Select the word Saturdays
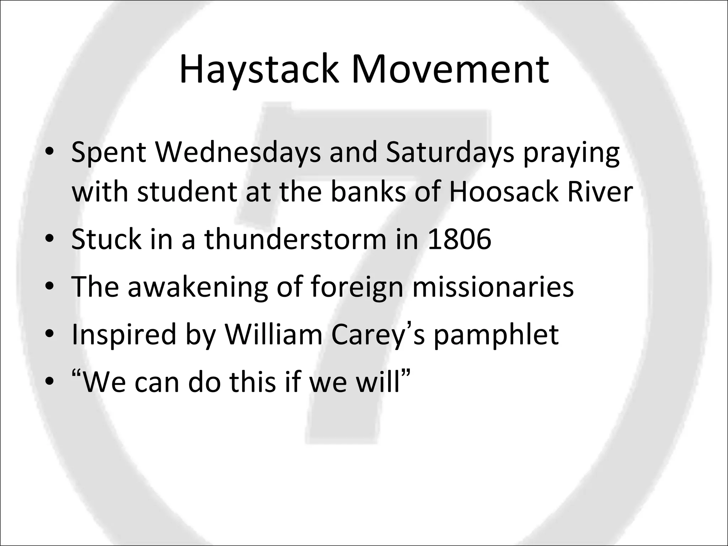pyautogui.click(x=450, y=152)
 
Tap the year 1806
pyautogui.click(x=460, y=239)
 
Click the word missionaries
pyautogui.click(x=493, y=287)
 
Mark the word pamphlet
pyautogui.click(x=496, y=336)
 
